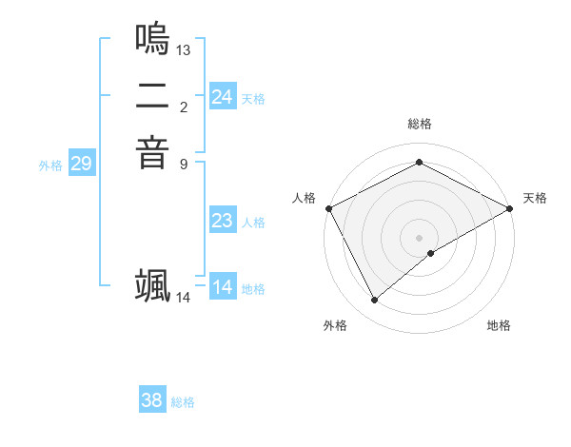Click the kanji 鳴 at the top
[152, 39]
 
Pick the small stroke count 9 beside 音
[184, 163]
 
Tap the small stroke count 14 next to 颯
[184, 298]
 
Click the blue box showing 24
[223, 97]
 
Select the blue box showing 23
[223, 222]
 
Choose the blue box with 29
[82, 165]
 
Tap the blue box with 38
[152, 401]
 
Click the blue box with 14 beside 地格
[223, 288]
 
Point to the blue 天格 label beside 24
[253, 98]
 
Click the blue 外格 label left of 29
[50, 165]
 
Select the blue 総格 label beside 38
[183, 402]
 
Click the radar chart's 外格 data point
[374, 301]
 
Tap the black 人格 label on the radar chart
[305, 198]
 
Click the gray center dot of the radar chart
[419, 237]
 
